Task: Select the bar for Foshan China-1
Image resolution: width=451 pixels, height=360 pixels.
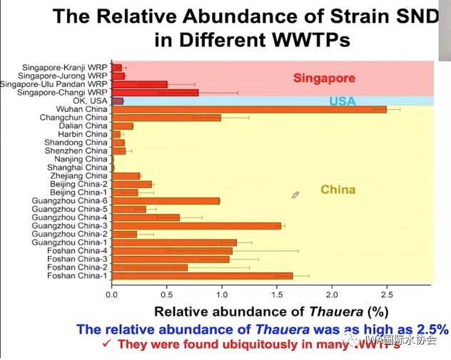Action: tap(202, 275)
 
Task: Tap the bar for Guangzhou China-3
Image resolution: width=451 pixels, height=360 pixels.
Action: tap(196, 225)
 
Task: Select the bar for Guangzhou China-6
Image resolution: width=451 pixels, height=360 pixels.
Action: tap(166, 200)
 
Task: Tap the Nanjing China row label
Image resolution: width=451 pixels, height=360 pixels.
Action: tap(84, 159)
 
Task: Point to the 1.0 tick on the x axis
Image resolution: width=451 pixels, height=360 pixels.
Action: tap(221, 293)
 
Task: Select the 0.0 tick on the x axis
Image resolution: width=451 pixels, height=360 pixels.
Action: tap(111, 293)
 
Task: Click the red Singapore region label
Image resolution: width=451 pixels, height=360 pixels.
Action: tap(324, 78)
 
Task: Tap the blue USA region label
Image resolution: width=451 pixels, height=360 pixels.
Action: tap(342, 102)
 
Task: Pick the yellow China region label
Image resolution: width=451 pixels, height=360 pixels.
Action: tap(338, 190)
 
